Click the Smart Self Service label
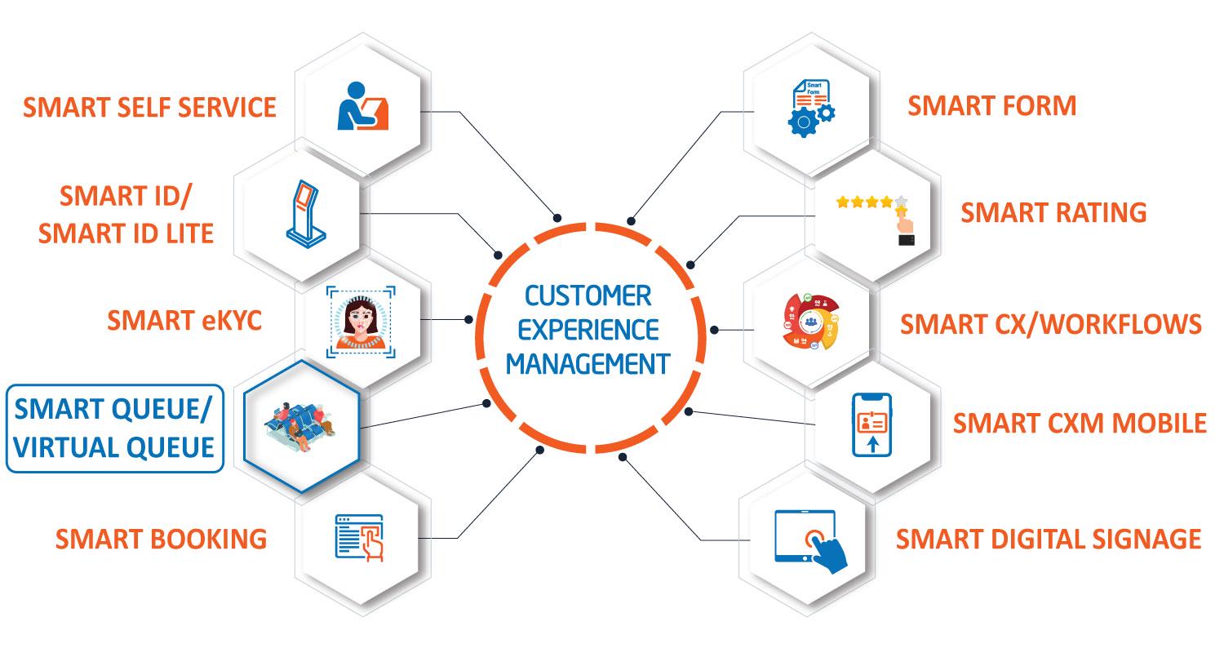point(149,107)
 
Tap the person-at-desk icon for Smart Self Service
point(362,106)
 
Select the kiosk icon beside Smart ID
point(306,214)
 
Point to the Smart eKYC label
point(184,320)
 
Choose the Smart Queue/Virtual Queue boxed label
point(115,429)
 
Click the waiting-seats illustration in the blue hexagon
point(299,427)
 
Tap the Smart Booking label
point(162,540)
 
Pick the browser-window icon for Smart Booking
point(360,538)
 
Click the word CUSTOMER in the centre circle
point(588,296)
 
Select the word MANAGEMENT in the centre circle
point(588,365)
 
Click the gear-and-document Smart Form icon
point(811,109)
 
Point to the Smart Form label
point(991,106)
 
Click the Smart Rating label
point(1053,212)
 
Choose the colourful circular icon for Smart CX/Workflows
point(811,322)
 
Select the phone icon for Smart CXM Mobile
point(871,424)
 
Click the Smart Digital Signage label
point(1049,540)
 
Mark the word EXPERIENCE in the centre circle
point(588,330)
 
